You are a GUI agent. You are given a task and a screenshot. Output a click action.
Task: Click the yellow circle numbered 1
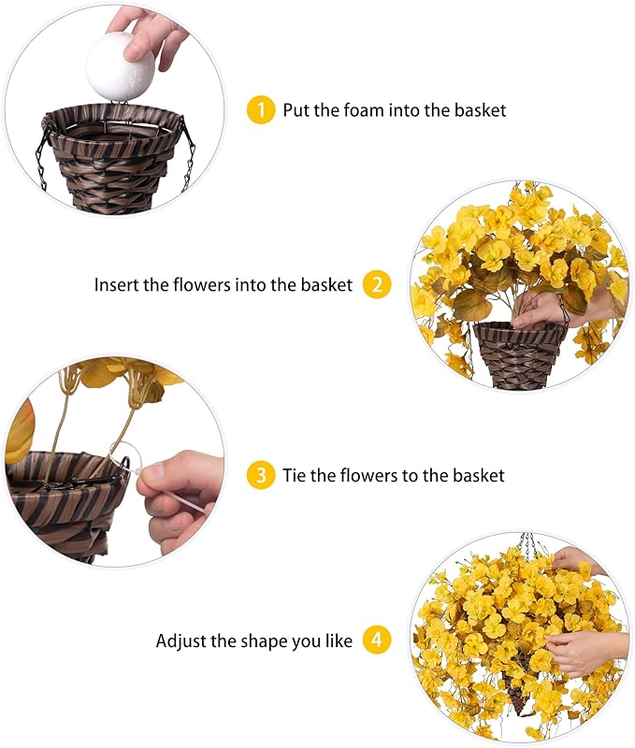261,109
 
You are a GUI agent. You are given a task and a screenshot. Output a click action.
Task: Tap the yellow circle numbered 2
377,284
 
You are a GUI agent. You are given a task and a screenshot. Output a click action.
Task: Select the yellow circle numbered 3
261,475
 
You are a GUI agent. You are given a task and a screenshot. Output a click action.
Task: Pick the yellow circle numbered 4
377,640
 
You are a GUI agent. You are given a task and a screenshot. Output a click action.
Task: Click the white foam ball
120,65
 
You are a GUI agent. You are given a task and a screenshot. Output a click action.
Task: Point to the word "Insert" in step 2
116,284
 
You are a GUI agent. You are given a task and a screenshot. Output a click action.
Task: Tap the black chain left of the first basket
42,159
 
